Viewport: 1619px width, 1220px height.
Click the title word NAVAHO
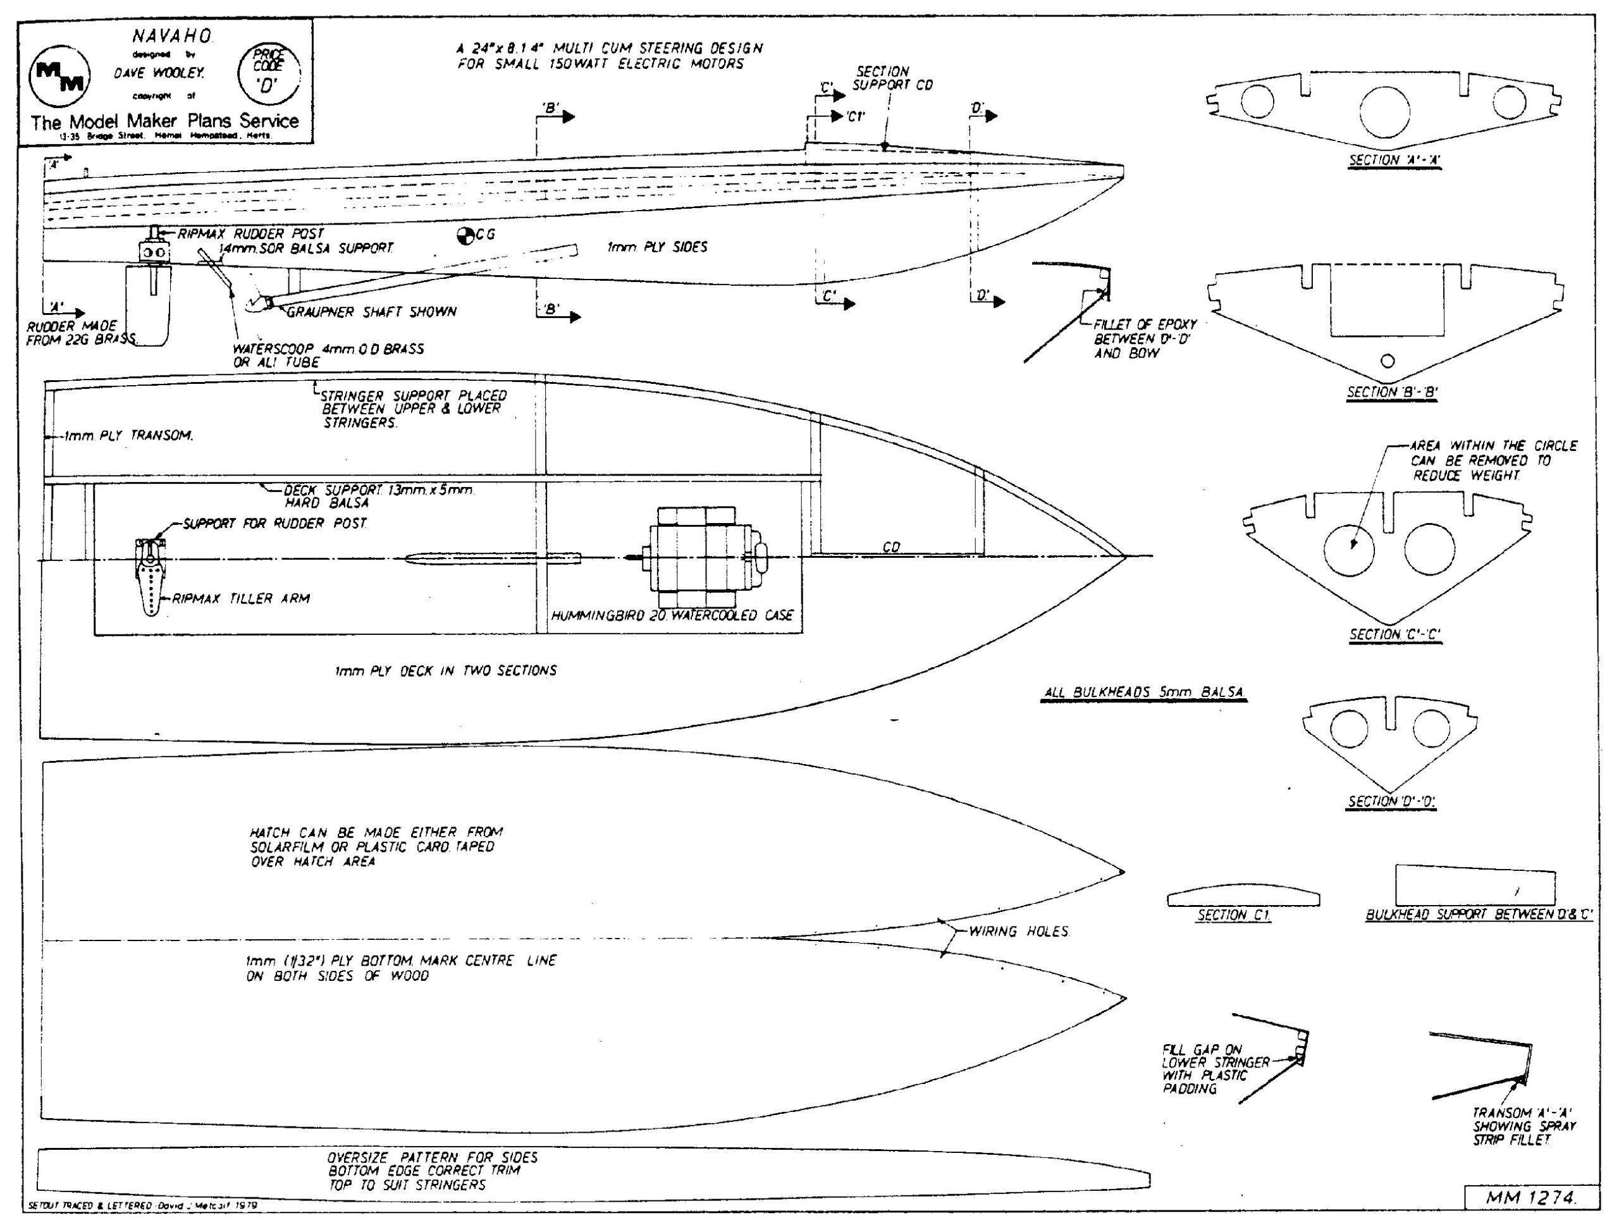(172, 36)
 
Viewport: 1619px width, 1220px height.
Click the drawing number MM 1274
(1530, 1197)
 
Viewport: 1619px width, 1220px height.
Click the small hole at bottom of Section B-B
(1387, 360)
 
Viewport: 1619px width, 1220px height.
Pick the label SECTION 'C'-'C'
(1395, 634)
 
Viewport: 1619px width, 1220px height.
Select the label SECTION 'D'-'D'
(1392, 801)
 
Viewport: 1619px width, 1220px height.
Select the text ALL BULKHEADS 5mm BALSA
(1145, 693)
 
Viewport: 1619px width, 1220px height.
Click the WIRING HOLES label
(1019, 932)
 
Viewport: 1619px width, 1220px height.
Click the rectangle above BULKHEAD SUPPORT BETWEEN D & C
(1475, 886)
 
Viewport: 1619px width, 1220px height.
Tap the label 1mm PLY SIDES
(656, 247)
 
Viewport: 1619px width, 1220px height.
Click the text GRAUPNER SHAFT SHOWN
(371, 312)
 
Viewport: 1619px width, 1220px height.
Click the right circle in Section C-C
(1429, 549)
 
